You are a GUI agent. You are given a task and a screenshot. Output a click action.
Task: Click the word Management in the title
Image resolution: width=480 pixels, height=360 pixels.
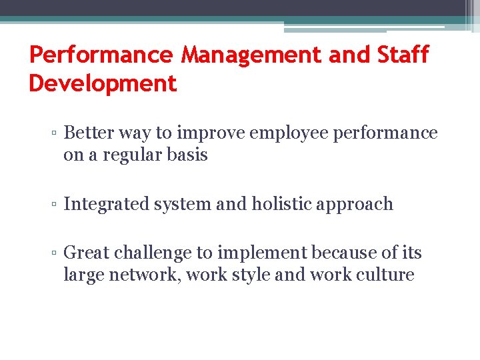(x=251, y=55)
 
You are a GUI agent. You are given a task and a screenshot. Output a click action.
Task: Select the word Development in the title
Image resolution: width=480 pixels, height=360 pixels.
(x=103, y=83)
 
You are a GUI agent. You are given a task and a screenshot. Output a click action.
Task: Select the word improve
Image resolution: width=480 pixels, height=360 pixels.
(x=208, y=133)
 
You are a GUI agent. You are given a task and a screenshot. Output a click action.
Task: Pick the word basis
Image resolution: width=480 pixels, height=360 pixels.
(x=187, y=155)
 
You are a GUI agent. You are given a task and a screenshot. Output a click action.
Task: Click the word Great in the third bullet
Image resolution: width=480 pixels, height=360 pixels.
(x=87, y=253)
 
